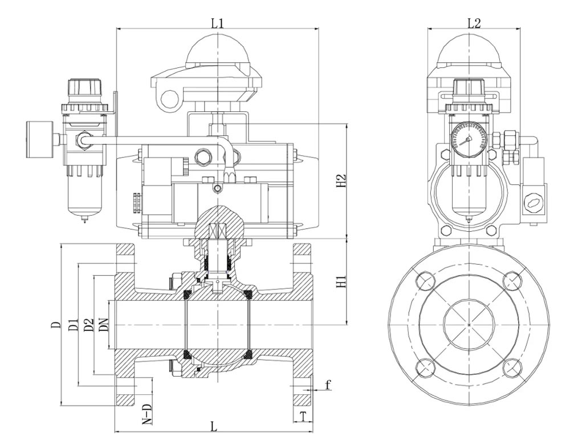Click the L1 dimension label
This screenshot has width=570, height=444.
pyautogui.click(x=217, y=23)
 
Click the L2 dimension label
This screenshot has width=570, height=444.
pyautogui.click(x=474, y=23)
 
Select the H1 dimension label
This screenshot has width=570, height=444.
pyautogui.click(x=341, y=282)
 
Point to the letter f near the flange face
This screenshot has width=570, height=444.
pyautogui.click(x=328, y=385)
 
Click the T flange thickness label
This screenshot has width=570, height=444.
pyautogui.click(x=303, y=415)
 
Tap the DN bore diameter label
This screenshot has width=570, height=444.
pyautogui.click(x=104, y=324)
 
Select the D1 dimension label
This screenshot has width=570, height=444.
pyautogui.click(x=74, y=324)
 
